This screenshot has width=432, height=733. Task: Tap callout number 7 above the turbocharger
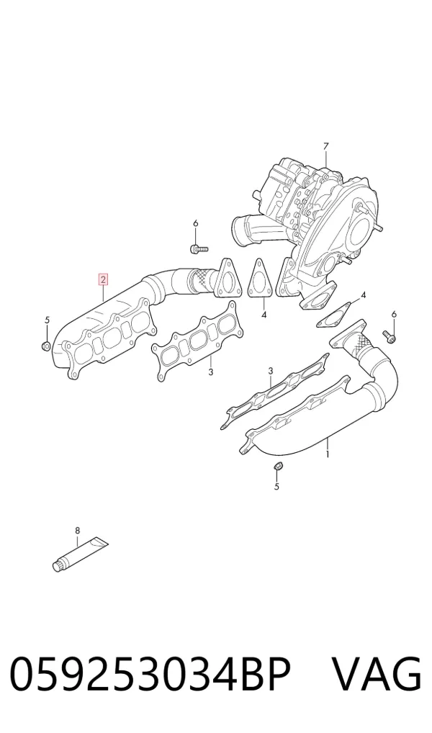326,147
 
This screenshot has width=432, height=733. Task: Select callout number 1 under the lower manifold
328,454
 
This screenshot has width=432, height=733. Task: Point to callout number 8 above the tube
78,530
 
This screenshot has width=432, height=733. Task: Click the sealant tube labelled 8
80,554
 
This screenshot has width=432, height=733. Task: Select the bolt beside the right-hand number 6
389,334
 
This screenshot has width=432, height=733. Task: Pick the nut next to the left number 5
46,346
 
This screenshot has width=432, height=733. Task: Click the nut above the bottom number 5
276,466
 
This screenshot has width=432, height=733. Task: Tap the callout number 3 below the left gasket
211,372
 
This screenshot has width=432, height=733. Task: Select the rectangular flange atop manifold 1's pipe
347,335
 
